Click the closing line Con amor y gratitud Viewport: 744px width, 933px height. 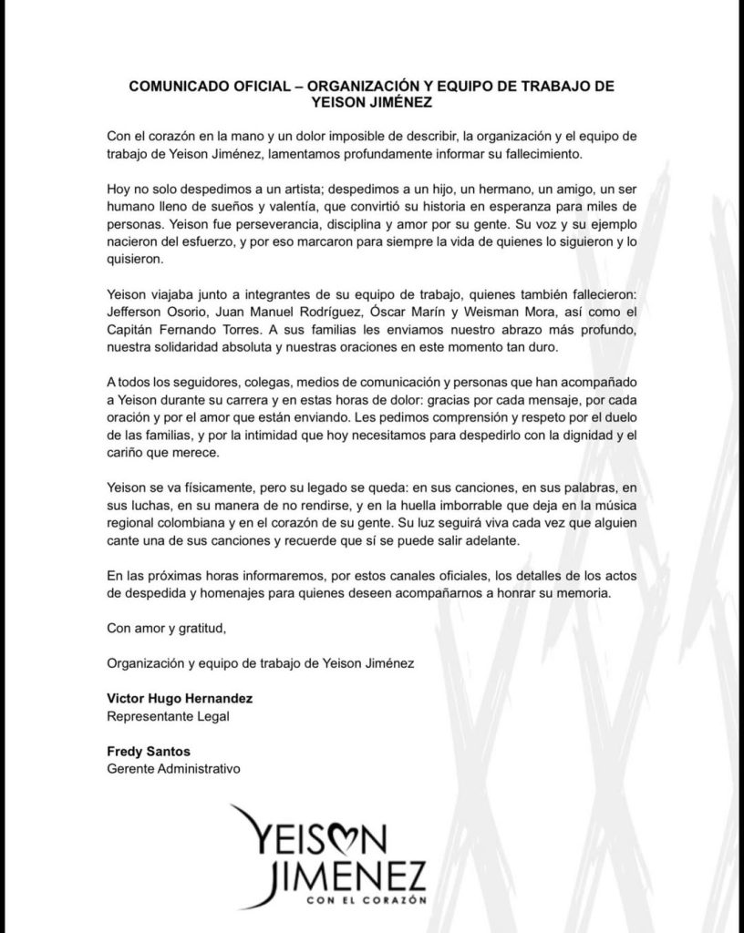coord(165,629)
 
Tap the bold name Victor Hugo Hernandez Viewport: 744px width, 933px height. coord(178,698)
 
